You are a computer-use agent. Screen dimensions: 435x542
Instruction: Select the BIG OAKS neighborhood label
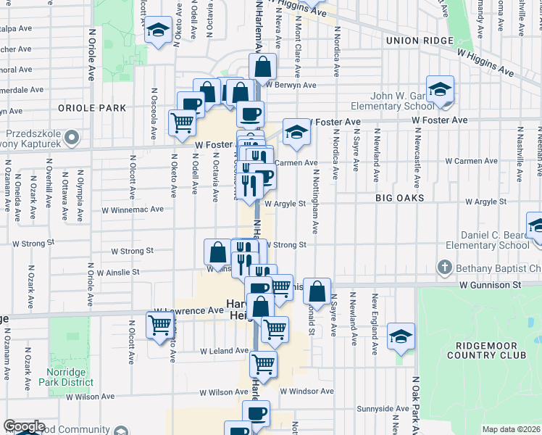click(399, 197)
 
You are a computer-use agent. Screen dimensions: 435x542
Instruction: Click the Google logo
click(24, 426)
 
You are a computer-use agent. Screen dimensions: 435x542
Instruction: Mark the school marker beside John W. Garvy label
click(440, 89)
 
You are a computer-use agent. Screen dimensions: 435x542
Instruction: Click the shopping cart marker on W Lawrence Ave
click(159, 326)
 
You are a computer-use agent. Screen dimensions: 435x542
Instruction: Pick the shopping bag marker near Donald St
click(317, 292)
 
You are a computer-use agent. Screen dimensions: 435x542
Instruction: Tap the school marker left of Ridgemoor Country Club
click(401, 337)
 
